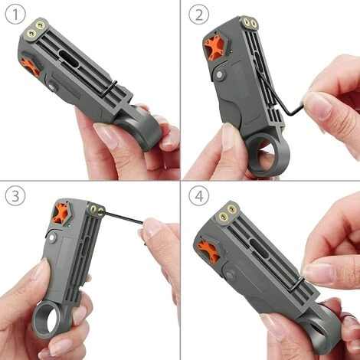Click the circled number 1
(15, 15)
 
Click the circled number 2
(199, 15)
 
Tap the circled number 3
(15, 196)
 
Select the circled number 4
(199, 196)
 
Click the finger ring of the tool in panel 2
(268, 155)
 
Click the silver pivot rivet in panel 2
(220, 75)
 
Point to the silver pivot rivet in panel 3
(53, 238)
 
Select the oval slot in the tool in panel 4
(259, 248)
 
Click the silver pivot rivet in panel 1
(51, 87)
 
